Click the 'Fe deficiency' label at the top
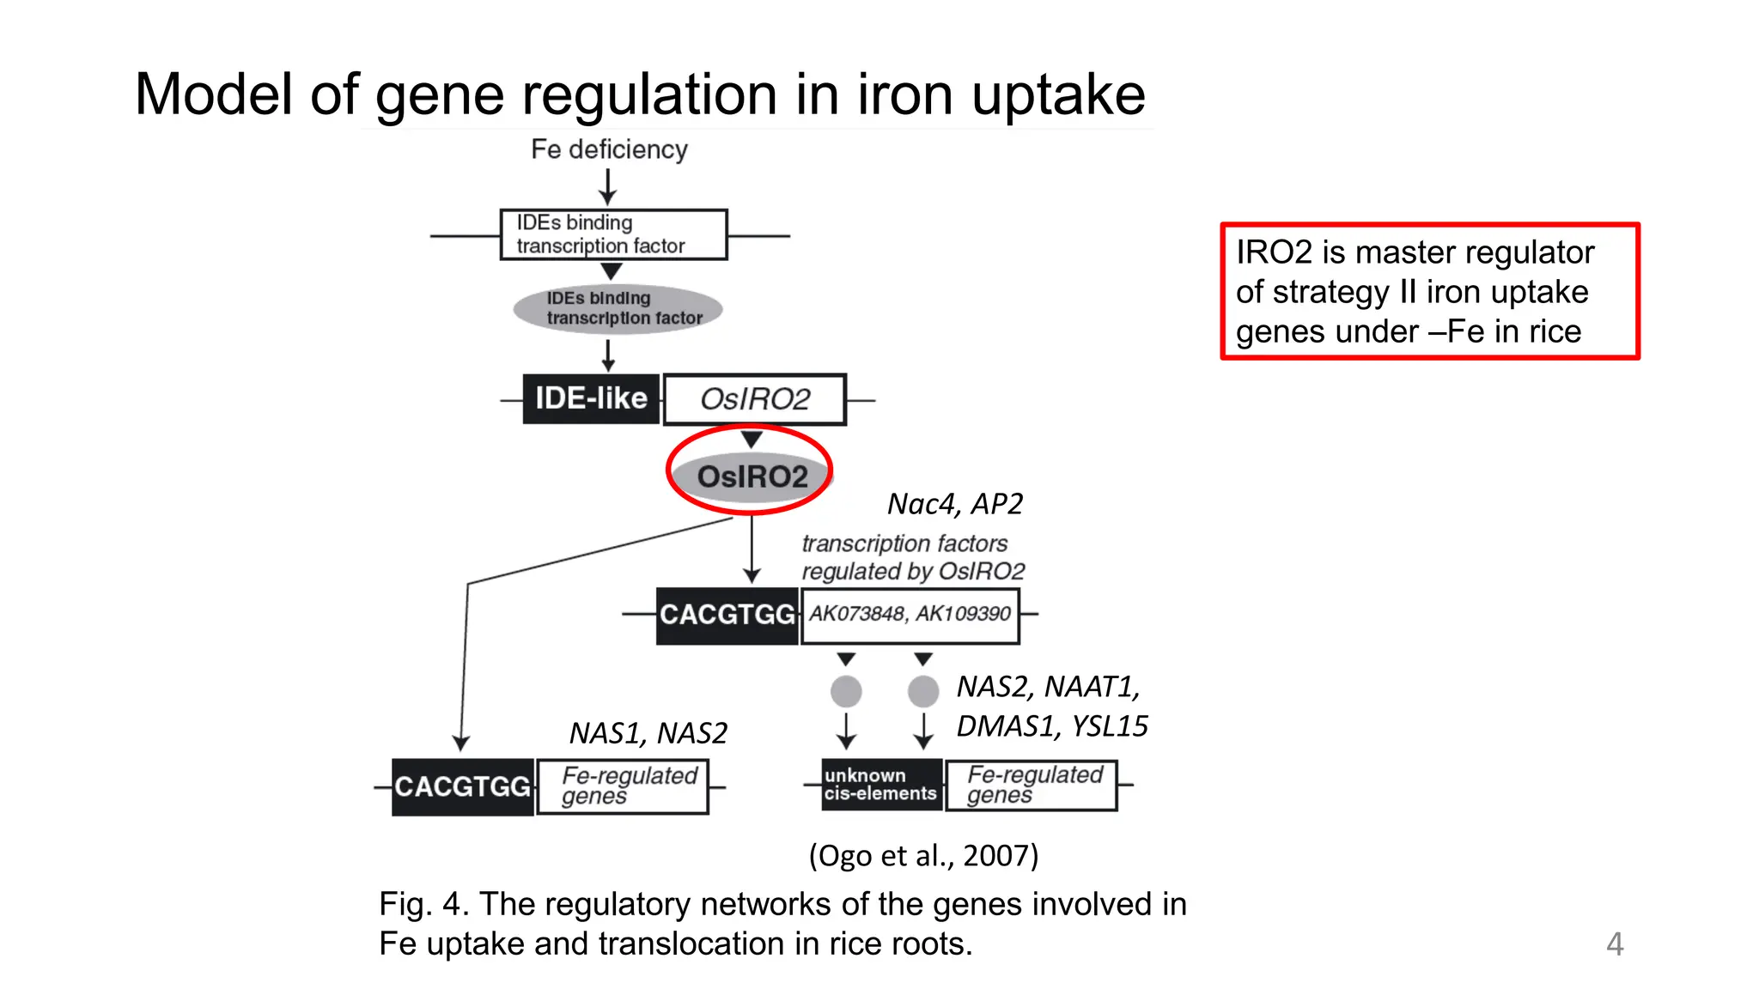point(609,149)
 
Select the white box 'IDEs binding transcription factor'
point(613,234)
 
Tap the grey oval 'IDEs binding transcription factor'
point(618,308)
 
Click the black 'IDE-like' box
point(591,399)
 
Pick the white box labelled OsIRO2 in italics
point(755,399)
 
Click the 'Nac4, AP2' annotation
point(954,504)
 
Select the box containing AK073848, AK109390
point(910,615)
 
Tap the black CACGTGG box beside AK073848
point(727,615)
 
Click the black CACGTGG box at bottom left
point(463,786)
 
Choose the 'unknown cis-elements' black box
point(880,785)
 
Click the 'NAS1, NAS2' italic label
point(648,733)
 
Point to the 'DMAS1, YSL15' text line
point(1052,726)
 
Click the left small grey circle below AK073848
point(846,691)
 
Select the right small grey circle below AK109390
point(923,691)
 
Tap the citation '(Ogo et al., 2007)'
point(923,855)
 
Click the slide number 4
point(1615,944)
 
